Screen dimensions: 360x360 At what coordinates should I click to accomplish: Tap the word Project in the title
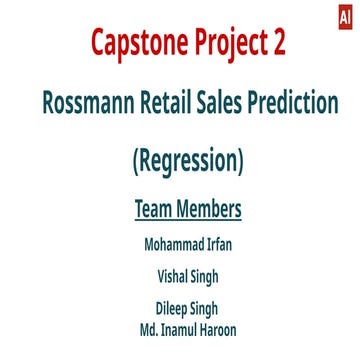point(232,44)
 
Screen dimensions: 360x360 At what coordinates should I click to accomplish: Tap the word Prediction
point(297,103)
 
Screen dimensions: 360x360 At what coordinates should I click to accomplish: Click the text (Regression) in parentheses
point(188,159)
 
